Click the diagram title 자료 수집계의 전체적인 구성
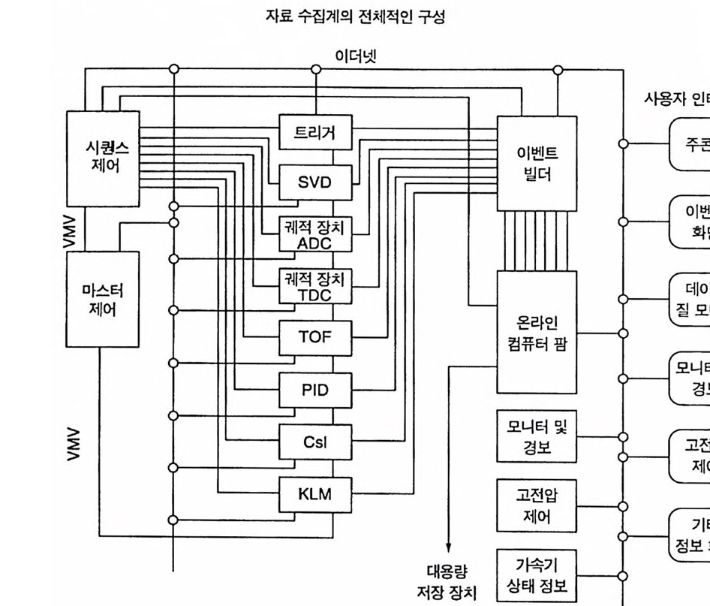(x=355, y=17)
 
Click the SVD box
(x=315, y=182)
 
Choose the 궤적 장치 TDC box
(x=315, y=286)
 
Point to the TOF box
(x=315, y=338)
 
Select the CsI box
(x=315, y=442)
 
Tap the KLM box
(x=315, y=494)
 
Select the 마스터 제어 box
(x=103, y=299)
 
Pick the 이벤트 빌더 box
(x=537, y=163)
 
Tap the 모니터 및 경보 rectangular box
(x=537, y=438)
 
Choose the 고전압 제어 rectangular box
(x=537, y=505)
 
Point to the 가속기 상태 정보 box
(x=537, y=574)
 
